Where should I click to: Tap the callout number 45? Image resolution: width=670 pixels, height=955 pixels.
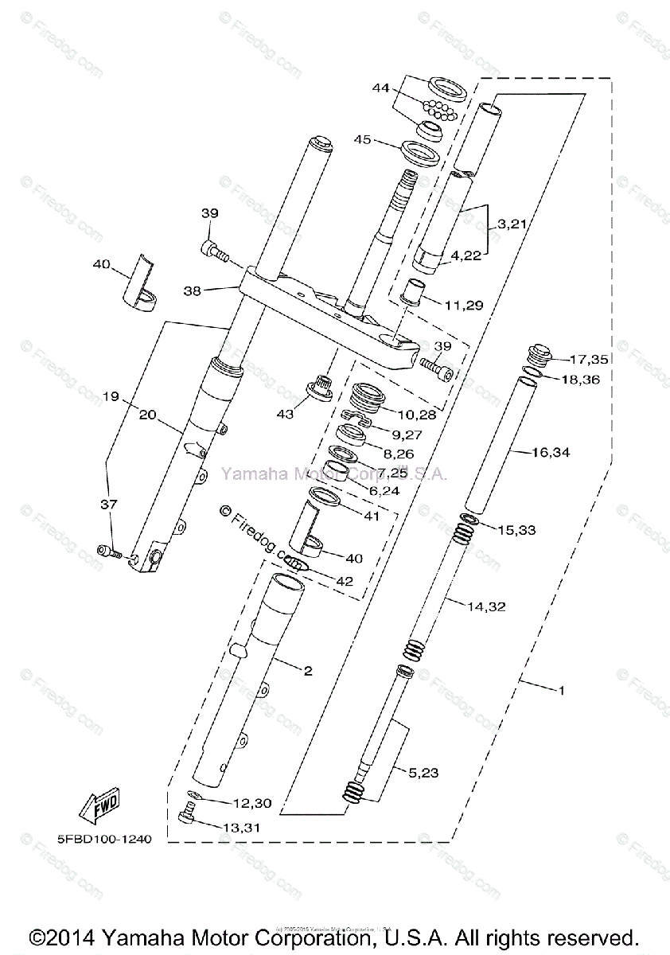click(x=363, y=140)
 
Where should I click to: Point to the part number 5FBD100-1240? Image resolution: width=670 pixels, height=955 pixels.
click(x=104, y=838)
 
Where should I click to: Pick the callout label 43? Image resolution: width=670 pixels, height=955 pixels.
click(x=285, y=415)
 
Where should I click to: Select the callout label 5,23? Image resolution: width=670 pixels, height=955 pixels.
click(x=425, y=771)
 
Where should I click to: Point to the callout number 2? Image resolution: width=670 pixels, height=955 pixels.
click(x=307, y=670)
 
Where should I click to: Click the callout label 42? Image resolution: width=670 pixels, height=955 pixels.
click(x=344, y=581)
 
